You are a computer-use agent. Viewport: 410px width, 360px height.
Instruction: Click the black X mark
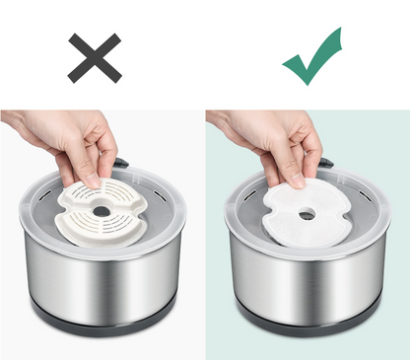coord(95,56)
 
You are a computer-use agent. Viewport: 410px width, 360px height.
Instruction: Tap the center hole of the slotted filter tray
coord(102,211)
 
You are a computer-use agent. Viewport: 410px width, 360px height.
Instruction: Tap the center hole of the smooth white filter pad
coord(307,215)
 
